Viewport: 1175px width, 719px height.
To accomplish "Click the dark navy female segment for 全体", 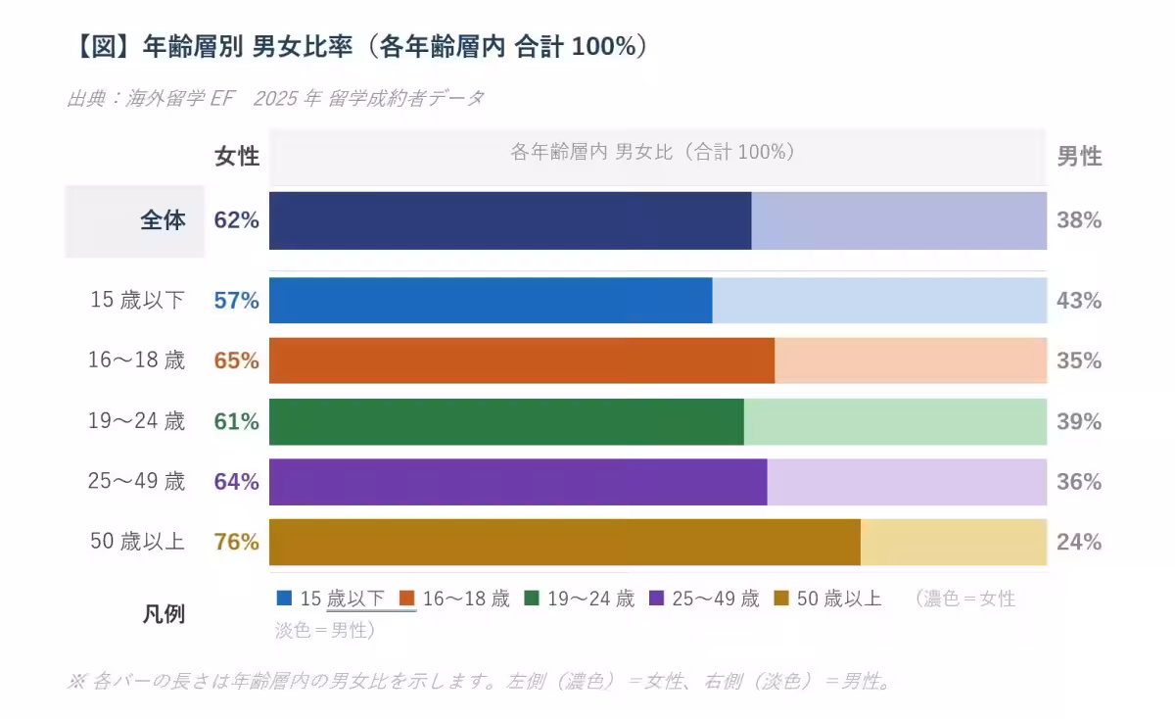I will pyautogui.click(x=510, y=220).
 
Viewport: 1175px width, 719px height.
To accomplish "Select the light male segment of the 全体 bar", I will pyautogui.click(x=899, y=220).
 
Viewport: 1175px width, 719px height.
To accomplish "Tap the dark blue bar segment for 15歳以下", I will pyautogui.click(x=491, y=301).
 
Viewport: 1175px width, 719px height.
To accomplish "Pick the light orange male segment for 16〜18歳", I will pyautogui.click(x=911, y=360).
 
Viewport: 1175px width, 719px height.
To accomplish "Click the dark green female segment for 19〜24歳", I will pyautogui.click(x=506, y=421).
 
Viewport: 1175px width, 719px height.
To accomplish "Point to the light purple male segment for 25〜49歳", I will pyautogui.click(x=907, y=482).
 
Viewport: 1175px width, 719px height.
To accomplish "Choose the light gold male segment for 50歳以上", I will pyautogui.click(x=954, y=542).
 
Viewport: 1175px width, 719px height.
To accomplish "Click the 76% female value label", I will pyautogui.click(x=237, y=542).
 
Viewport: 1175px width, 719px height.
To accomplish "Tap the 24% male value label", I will pyautogui.click(x=1079, y=542).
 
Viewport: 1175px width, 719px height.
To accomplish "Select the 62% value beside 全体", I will pyautogui.click(x=237, y=220).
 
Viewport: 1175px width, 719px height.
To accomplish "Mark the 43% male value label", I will pyautogui.click(x=1079, y=301).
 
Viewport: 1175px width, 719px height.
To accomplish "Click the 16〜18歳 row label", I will pyautogui.click(x=136, y=360).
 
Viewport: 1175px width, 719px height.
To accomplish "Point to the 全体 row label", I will pyautogui.click(x=163, y=220).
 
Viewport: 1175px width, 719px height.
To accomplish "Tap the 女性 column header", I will pyautogui.click(x=237, y=157).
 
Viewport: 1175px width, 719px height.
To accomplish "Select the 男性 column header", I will pyautogui.click(x=1079, y=157).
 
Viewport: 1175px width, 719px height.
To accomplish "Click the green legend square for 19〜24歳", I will pyautogui.click(x=533, y=598).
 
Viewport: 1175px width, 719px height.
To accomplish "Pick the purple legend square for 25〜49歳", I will pyautogui.click(x=657, y=598).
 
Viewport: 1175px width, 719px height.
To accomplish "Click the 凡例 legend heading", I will pyautogui.click(x=164, y=614).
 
